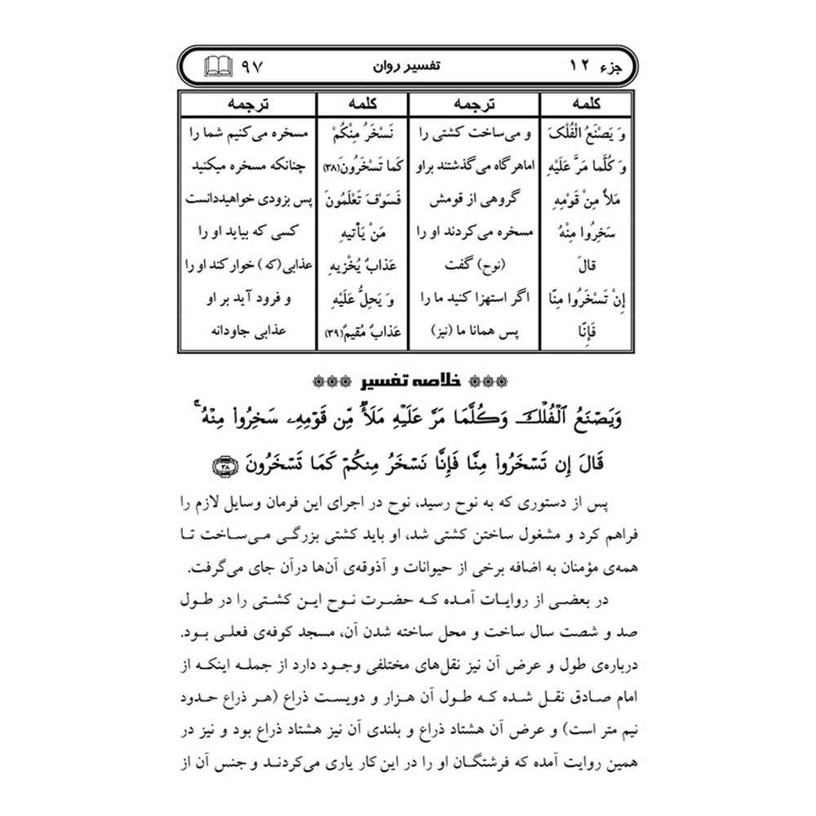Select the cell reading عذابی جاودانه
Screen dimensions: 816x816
pyautogui.click(x=248, y=334)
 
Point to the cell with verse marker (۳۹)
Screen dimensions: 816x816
pyautogui.click(x=363, y=334)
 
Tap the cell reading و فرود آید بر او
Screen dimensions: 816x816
pyautogui.click(x=248, y=299)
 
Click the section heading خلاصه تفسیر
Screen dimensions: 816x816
pyautogui.click(x=407, y=380)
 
